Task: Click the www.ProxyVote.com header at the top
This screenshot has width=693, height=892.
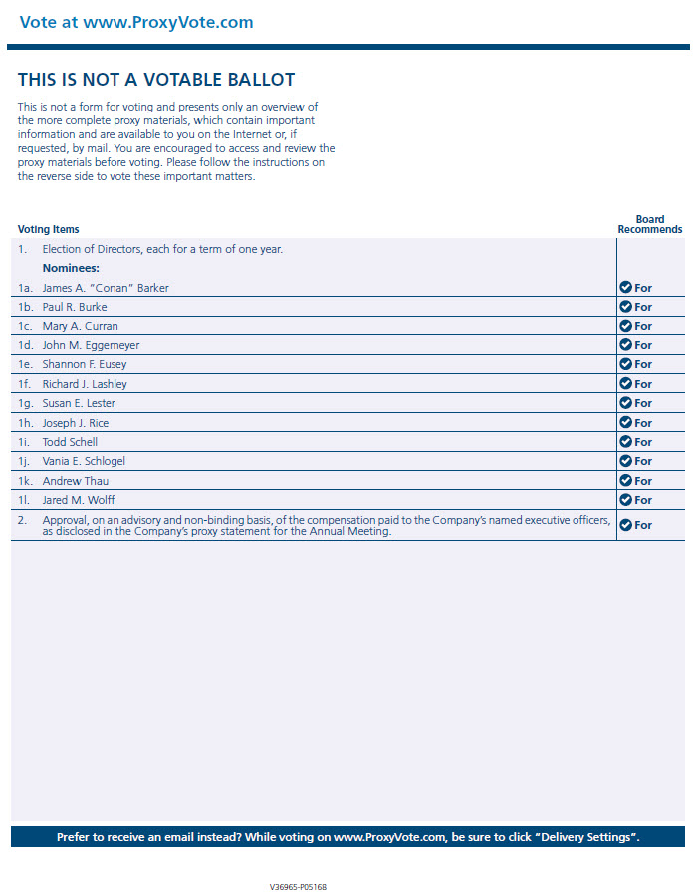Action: tap(136, 22)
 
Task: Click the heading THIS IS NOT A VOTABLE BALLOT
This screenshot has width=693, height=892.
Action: tap(156, 80)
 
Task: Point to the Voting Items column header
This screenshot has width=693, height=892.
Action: tap(48, 229)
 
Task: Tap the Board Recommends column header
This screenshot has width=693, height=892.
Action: tap(649, 224)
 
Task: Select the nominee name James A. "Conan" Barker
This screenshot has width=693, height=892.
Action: tap(106, 288)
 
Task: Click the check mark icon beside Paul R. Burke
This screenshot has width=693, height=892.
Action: tap(625, 307)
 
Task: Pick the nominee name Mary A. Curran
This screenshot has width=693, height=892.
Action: tap(80, 326)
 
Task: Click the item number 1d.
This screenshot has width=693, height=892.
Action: tap(25, 345)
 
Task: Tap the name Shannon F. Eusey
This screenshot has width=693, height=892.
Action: tap(85, 364)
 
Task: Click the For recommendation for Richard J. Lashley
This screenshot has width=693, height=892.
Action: tap(643, 384)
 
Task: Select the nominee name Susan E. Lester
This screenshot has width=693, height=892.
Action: tap(79, 403)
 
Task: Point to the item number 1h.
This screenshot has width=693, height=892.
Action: tap(25, 423)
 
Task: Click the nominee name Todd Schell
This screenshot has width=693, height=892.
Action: tap(70, 442)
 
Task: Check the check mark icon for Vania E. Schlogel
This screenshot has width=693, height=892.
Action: tap(625, 461)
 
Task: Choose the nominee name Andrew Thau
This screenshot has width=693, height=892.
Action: tap(76, 481)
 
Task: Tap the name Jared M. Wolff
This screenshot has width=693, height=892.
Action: tap(79, 500)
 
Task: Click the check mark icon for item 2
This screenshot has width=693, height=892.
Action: tap(625, 525)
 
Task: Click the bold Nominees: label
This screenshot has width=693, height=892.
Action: tap(71, 268)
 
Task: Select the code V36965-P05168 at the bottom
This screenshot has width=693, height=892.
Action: tap(298, 886)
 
